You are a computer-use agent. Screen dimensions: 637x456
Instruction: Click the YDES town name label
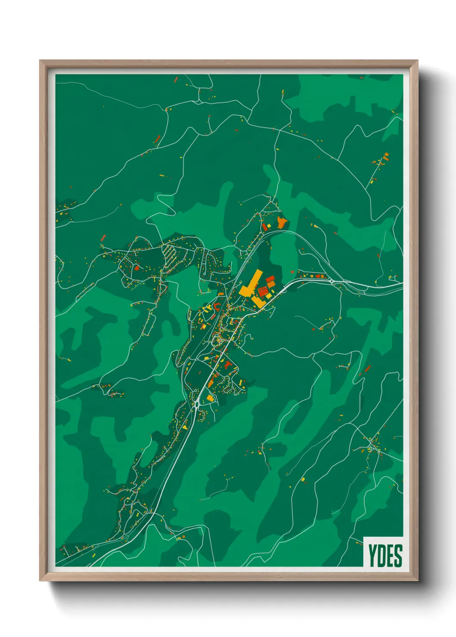(x=385, y=555)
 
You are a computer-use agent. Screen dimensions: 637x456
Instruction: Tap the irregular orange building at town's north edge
(x=282, y=223)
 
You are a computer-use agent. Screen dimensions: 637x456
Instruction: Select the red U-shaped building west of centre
(x=217, y=307)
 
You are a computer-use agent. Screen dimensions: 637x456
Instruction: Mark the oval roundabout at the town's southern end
(x=197, y=403)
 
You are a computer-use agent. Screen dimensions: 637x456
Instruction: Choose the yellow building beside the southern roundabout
(x=210, y=398)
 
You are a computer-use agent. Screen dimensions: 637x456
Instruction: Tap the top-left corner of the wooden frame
(x=40, y=61)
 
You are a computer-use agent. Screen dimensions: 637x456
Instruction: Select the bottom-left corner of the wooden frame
(x=40, y=580)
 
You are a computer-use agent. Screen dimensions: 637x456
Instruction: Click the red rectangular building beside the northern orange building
(x=265, y=227)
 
